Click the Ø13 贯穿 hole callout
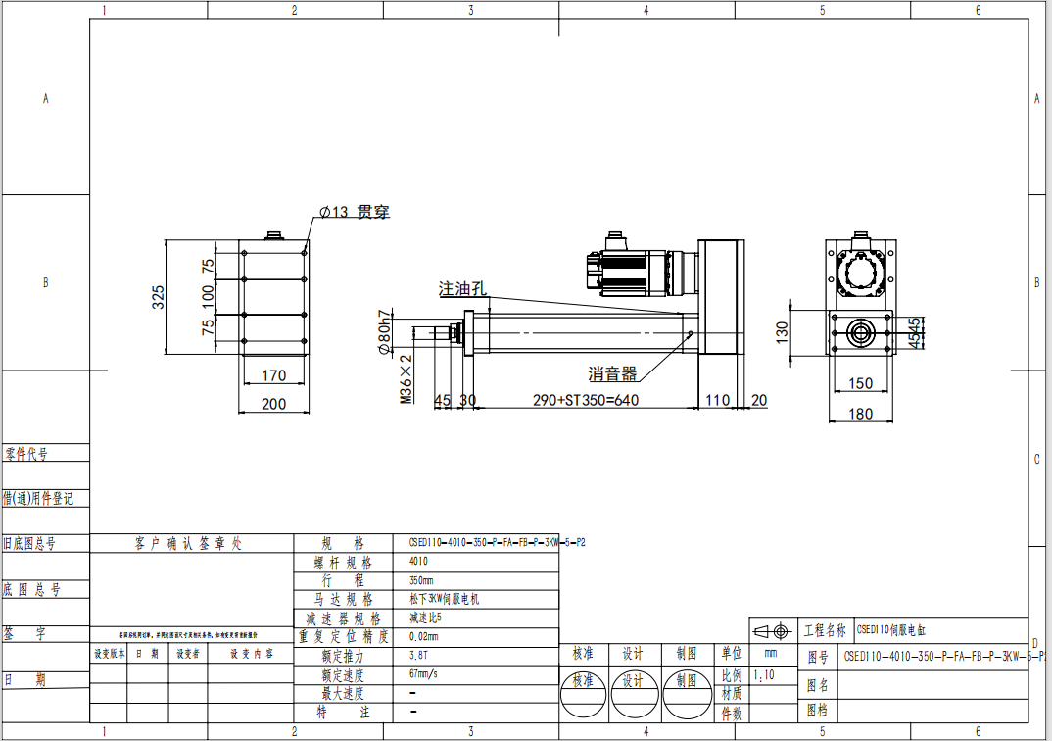[355, 211]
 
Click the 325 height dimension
[158, 298]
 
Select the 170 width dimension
[274, 374]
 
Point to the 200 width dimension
[274, 404]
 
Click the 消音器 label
[612, 373]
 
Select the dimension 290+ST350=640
[585, 400]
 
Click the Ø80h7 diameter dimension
[384, 332]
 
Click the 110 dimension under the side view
[717, 400]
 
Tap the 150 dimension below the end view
[860, 383]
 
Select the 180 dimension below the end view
[860, 414]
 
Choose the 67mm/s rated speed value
[424, 674]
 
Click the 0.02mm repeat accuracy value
[423, 636]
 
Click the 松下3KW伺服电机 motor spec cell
[444, 599]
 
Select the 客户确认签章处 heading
[187, 543]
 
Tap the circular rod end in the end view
[861, 332]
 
